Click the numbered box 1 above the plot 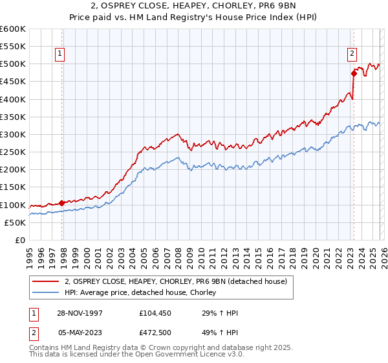point(59,54)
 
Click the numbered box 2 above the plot point(352,54)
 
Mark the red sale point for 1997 point(62,203)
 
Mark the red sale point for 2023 point(354,73)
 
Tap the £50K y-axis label point(15,222)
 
